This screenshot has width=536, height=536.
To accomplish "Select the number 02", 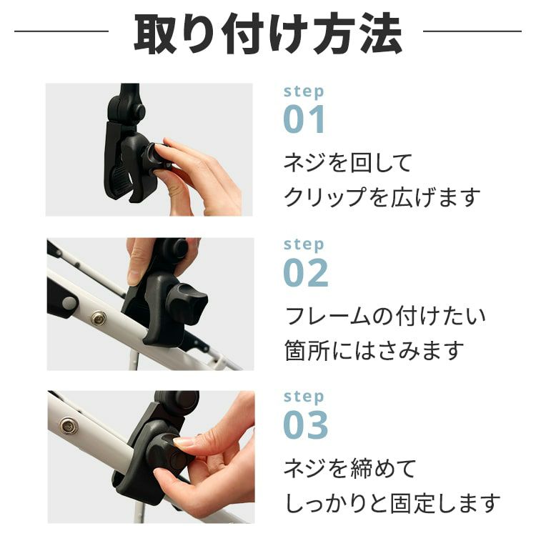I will pyautogui.click(x=306, y=272).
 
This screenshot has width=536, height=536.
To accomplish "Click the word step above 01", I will pyautogui.click(x=304, y=91).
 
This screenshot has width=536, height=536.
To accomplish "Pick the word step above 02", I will pyautogui.click(x=304, y=244).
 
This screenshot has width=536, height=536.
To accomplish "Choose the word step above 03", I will pyautogui.click(x=304, y=397).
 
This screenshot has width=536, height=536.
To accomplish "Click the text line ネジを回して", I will pyautogui.click(x=348, y=163).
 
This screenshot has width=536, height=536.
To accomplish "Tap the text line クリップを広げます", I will pyautogui.click(x=381, y=197).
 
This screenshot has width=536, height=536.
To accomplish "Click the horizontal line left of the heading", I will pyautogui.click(x=61, y=31).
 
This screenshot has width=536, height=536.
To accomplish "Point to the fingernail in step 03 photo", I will pyautogui.click(x=184, y=442).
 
